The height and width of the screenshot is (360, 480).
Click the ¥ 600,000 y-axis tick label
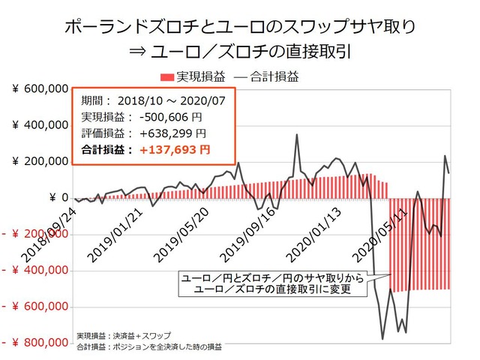[x=39, y=89]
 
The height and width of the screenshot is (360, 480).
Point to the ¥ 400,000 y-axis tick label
[x=39, y=125]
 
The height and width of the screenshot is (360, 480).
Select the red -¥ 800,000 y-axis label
[x=34, y=343]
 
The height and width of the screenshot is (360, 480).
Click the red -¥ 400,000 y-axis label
[x=34, y=271]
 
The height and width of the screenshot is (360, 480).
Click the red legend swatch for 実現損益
[x=166, y=76]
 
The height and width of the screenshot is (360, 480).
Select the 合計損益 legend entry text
[x=273, y=76]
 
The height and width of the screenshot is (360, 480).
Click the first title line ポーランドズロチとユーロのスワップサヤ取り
[x=239, y=30]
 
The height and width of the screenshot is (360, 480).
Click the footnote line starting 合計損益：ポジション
[x=149, y=346]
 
